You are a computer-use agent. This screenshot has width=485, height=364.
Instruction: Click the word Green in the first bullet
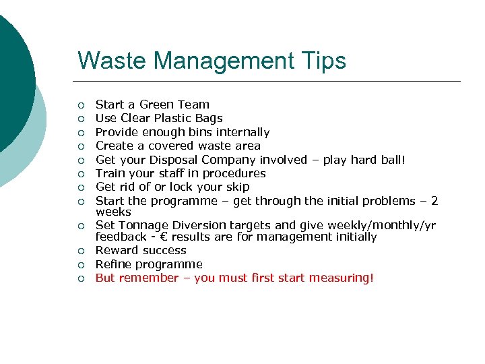point(157,104)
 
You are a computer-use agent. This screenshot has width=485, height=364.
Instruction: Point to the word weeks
point(113,212)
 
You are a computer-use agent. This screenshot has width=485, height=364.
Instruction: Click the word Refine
point(113,264)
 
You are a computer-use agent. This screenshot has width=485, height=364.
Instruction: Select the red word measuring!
point(340,278)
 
